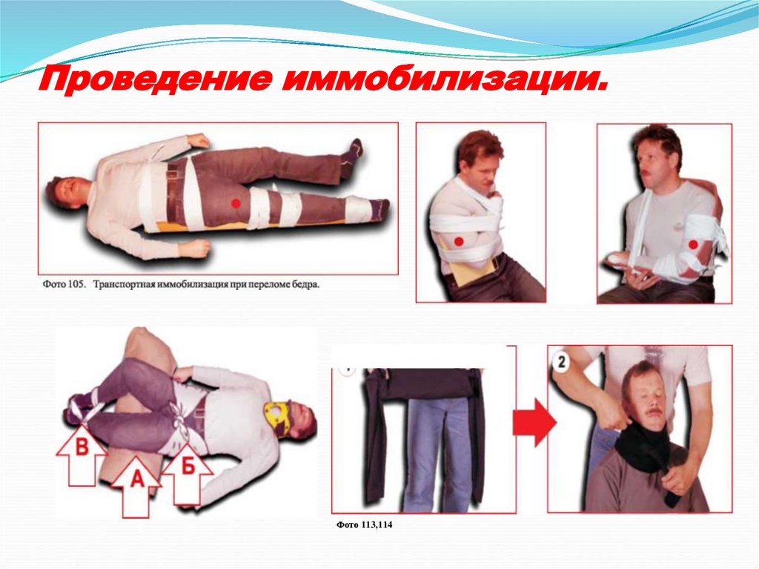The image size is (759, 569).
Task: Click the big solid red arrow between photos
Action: [535, 423]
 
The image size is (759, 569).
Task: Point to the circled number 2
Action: [562, 362]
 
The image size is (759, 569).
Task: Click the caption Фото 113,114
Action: [364, 525]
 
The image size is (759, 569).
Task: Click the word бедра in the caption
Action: [306, 285]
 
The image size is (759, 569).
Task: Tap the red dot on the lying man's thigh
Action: [236, 203]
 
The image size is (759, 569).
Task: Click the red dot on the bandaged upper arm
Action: [459, 241]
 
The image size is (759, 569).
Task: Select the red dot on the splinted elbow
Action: [693, 245]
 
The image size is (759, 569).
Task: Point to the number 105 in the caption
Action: [76, 285]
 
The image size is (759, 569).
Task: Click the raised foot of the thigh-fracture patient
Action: [352, 151]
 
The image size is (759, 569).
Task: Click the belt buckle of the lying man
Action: [173, 171]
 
